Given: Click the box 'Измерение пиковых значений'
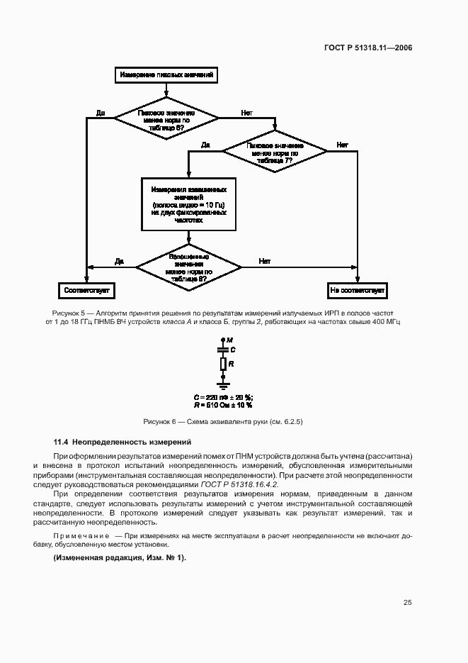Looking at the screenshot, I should (x=166, y=74).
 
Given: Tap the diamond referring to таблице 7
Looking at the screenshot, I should (x=275, y=151).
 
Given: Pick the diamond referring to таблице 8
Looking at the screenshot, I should (x=188, y=267).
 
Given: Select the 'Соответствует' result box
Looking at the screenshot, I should (x=86, y=291).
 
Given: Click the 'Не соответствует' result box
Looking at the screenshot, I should (x=357, y=291).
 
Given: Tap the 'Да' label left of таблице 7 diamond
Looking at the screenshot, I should (x=205, y=145).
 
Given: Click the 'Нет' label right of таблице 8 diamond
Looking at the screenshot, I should (x=264, y=261).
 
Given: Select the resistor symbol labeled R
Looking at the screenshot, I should (x=223, y=364).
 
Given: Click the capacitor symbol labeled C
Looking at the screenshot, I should (x=223, y=350).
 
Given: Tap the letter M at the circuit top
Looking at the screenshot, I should (x=229, y=341).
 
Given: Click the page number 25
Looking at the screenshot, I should (x=408, y=603).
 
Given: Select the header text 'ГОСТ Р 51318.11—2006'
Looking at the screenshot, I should (x=368, y=48).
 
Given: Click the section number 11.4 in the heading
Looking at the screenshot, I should (x=61, y=442).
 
